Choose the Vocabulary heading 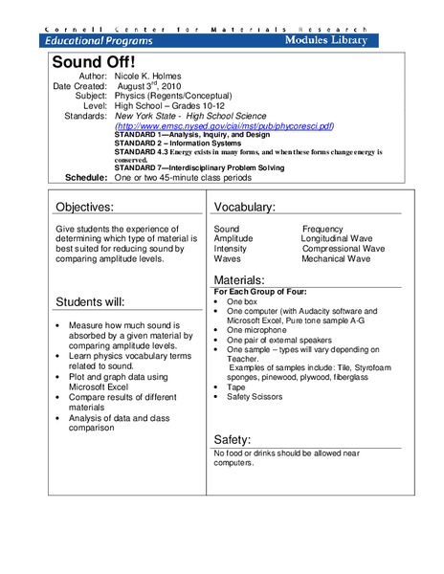click(x=245, y=208)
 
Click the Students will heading click(x=90, y=302)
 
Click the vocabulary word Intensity click(x=230, y=249)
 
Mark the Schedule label click(x=87, y=178)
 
